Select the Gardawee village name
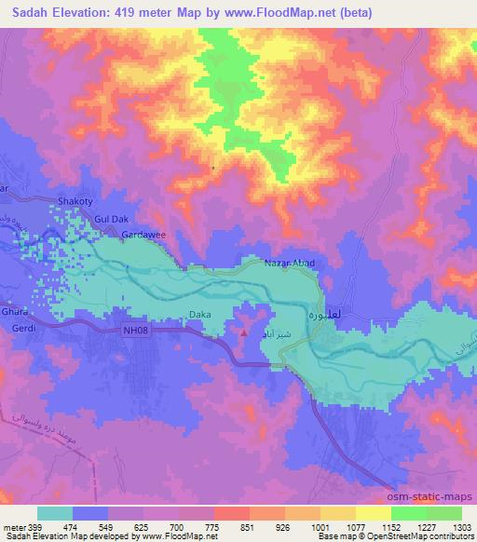[143, 236]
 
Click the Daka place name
[199, 316]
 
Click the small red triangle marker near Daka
[244, 330]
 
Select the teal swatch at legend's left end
[55, 513]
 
